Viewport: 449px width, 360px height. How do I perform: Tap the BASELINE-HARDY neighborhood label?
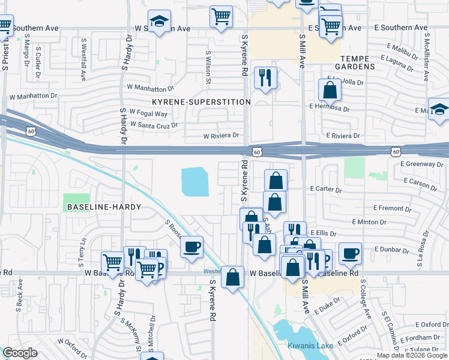pyautogui.click(x=104, y=207)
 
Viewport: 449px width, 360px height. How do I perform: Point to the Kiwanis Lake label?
pyautogui.click(x=310, y=346)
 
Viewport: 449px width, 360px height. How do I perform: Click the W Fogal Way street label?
pyautogui.click(x=148, y=114)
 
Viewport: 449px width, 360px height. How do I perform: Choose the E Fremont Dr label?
pyautogui.click(x=392, y=208)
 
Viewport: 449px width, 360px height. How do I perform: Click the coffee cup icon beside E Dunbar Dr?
pyautogui.click(x=350, y=253)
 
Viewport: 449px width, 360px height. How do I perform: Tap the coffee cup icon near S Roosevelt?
pyautogui.click(x=191, y=247)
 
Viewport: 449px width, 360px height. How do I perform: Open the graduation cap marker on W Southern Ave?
pyautogui.click(x=159, y=21)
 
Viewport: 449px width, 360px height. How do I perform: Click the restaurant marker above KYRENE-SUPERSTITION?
pyautogui.click(x=265, y=77)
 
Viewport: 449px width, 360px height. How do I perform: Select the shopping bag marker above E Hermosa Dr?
pyautogui.click(x=330, y=90)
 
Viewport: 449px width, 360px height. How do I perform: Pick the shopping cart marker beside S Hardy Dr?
pyautogui.click(x=112, y=261)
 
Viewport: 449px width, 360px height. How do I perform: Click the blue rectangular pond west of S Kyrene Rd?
pyautogui.click(x=195, y=182)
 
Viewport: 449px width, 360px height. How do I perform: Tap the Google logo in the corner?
pyautogui.click(x=20, y=353)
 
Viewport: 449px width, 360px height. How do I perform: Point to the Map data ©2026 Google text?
pyautogui.click(x=412, y=355)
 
